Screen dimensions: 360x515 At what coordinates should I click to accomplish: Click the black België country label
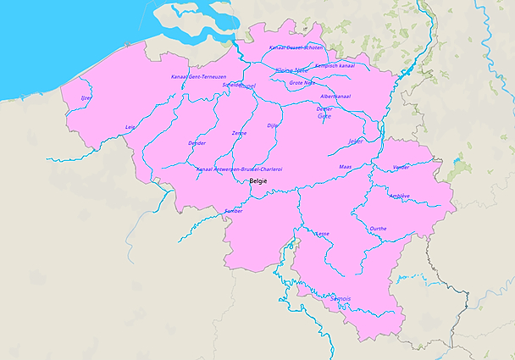tap(258, 181)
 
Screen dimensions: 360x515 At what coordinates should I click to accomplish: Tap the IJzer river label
tap(86, 98)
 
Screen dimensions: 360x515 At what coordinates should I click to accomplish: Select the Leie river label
tap(130, 127)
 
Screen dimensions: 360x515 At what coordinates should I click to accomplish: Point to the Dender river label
tap(197, 143)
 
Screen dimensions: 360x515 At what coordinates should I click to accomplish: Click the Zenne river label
tap(239, 133)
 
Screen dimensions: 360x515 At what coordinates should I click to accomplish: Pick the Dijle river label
tap(272, 125)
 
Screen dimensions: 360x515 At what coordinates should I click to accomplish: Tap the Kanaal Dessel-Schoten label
tap(296, 47)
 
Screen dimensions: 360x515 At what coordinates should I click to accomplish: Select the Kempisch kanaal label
tap(335, 65)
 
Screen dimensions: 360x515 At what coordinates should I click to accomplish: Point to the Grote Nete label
tap(302, 83)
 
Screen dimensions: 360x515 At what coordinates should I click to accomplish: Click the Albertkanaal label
tap(335, 97)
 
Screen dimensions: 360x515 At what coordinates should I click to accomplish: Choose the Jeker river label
tap(356, 141)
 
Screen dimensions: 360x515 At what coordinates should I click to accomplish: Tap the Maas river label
tap(345, 167)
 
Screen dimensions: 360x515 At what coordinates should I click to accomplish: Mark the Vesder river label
tap(401, 167)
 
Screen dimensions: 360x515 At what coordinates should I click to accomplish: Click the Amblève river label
tap(399, 196)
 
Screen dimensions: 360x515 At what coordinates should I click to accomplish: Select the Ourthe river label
tap(379, 229)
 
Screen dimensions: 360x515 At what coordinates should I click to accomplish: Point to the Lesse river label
tap(322, 233)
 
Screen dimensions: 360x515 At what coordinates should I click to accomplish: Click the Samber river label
tap(234, 210)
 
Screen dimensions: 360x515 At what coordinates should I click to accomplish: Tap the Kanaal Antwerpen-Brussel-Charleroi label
tap(239, 169)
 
